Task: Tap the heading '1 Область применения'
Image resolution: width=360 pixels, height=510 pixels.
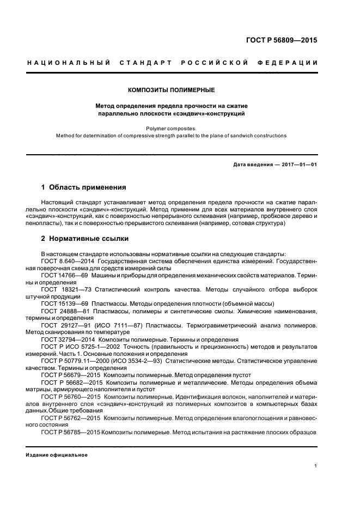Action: point(84,187)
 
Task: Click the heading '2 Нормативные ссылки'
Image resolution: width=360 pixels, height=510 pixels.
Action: point(85,239)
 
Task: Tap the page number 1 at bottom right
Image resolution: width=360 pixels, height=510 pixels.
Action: point(316,466)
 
